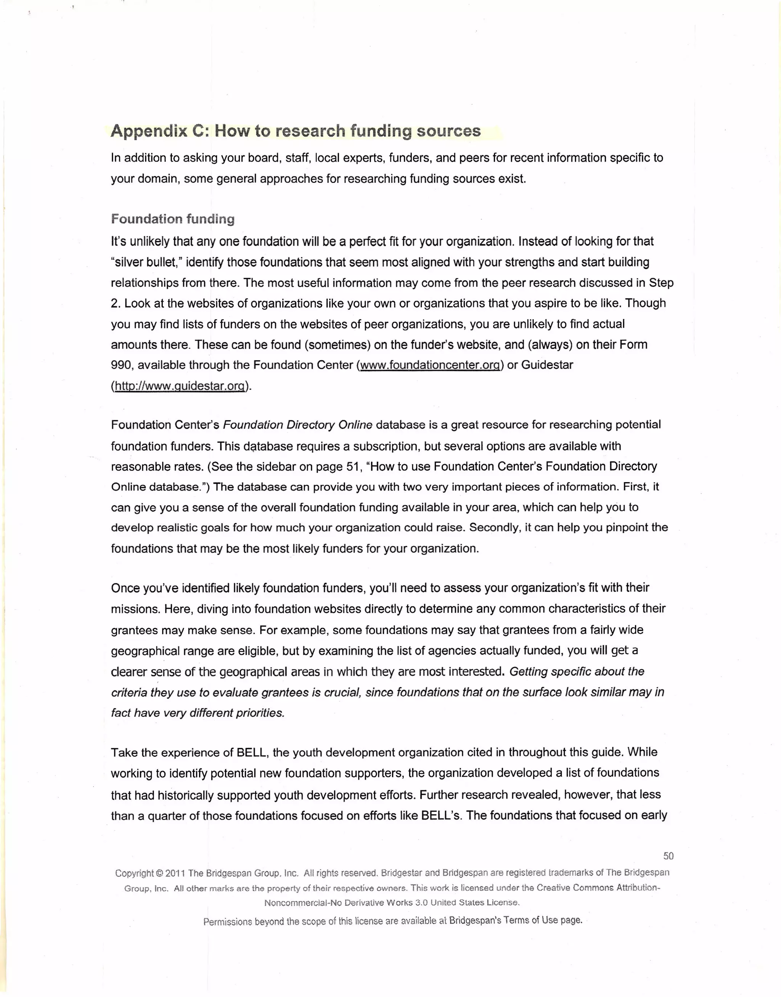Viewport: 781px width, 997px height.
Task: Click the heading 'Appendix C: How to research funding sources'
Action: point(296,131)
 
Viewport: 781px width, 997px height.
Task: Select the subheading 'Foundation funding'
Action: point(173,219)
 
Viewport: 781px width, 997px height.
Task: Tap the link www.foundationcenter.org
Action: point(429,365)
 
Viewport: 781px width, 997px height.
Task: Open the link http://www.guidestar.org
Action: point(180,386)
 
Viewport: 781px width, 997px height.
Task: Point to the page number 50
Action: point(668,855)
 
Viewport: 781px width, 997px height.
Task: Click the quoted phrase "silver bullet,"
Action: point(144,262)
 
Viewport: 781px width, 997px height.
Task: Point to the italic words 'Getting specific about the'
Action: point(577,671)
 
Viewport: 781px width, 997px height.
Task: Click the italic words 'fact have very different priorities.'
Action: point(198,713)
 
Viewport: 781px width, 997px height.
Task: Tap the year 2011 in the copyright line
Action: point(175,873)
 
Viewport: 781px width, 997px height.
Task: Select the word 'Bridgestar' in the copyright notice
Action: point(402,873)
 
